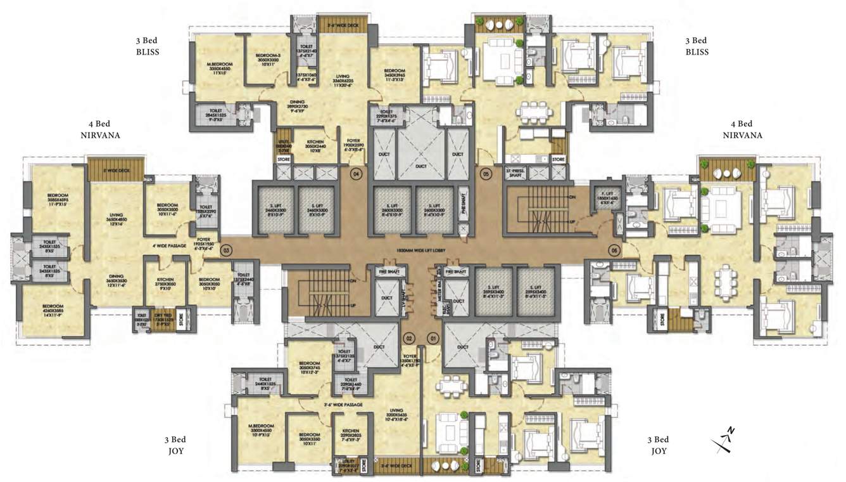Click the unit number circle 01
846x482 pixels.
[433, 337]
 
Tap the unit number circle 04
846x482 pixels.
[357, 173]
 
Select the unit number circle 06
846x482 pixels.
[613, 250]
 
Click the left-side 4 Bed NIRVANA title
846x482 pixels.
[106, 129]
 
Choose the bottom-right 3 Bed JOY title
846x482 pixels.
[658, 444]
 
